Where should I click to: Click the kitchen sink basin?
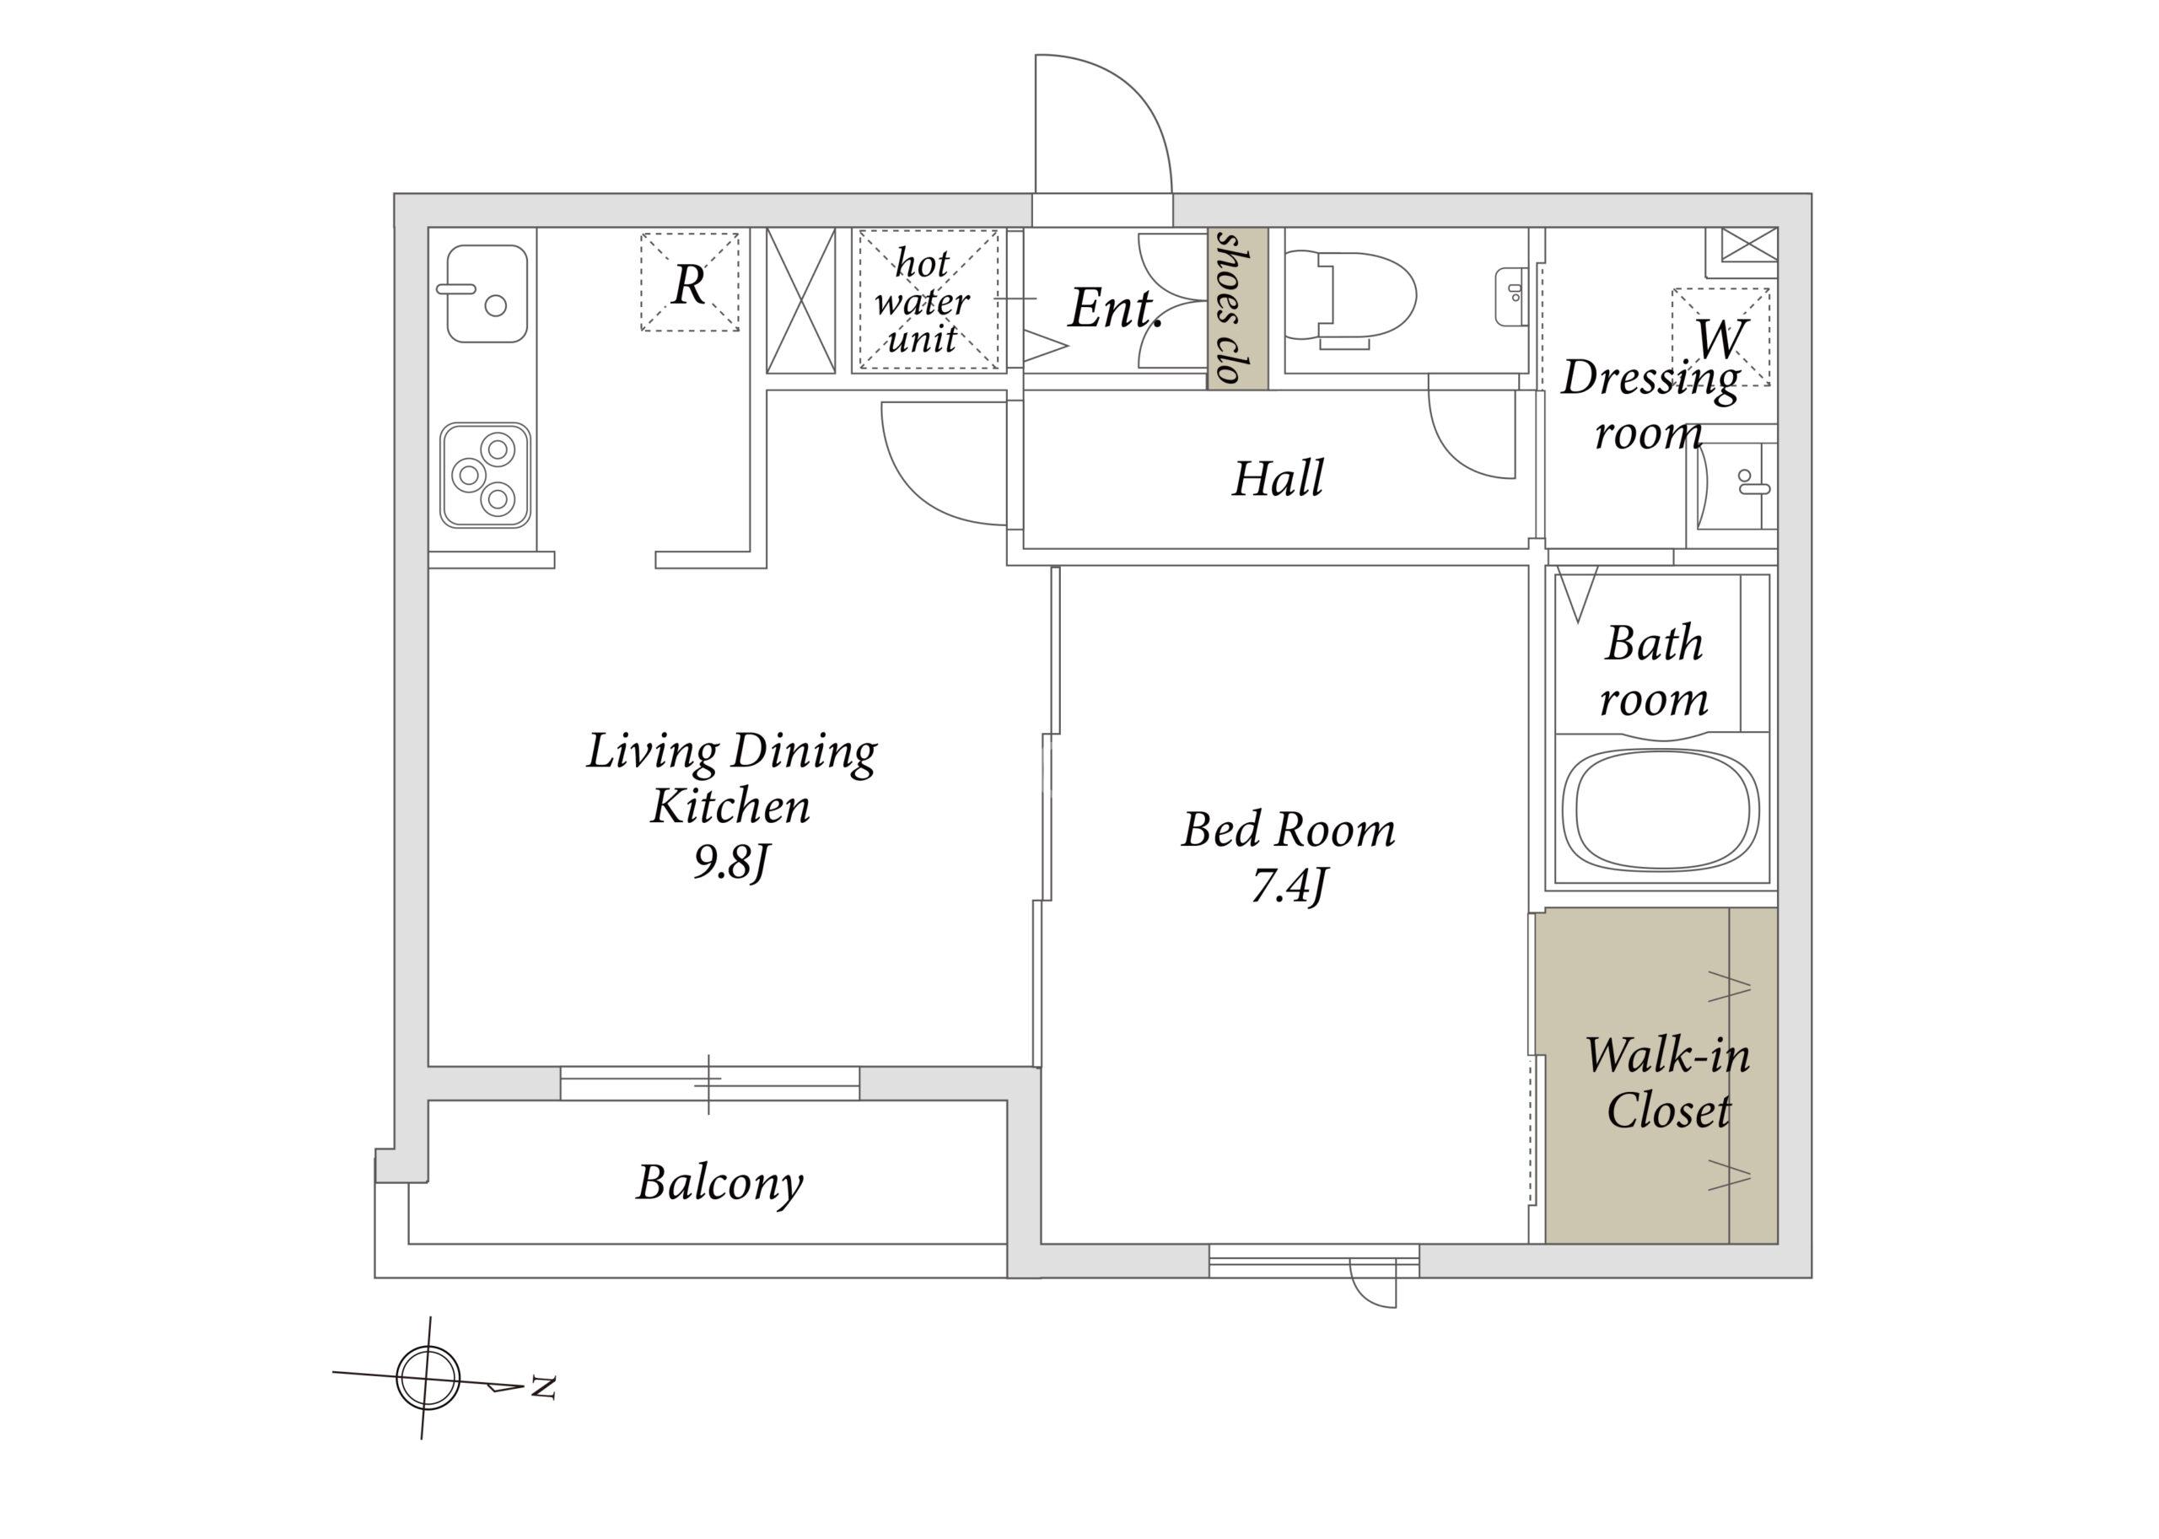[487, 293]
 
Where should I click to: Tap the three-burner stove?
[485, 475]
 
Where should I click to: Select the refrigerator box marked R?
[690, 283]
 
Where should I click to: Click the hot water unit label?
[921, 301]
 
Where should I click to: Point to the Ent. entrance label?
[1116, 308]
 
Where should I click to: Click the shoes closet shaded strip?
[1238, 308]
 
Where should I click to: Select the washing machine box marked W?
[1720, 336]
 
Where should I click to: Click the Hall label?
[1278, 479]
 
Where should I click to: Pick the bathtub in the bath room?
[1661, 810]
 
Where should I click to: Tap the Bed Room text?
[1288, 830]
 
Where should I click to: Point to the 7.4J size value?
[1289, 887]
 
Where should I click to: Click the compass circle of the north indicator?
[428, 1378]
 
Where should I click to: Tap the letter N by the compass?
[542, 1387]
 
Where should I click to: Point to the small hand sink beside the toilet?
[1510, 297]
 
